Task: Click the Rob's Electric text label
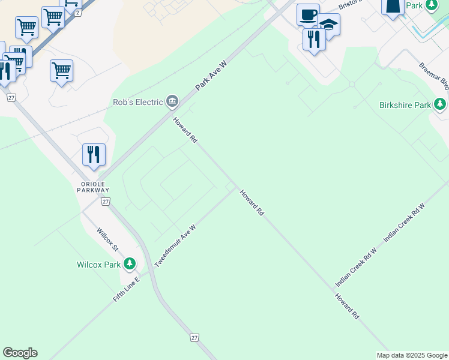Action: pyautogui.click(x=138, y=102)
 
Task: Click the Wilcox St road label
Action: pyautogui.click(x=109, y=238)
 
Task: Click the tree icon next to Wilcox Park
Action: pyautogui.click(x=129, y=264)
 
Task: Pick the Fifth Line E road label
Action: pyautogui.click(x=126, y=289)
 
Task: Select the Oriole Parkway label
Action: pyautogui.click(x=93, y=186)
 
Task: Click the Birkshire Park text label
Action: pyautogui.click(x=405, y=105)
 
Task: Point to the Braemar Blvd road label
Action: pyautogui.click(x=435, y=76)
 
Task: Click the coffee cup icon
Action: pyautogui.click(x=308, y=15)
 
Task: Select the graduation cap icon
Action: pyautogui.click(x=328, y=25)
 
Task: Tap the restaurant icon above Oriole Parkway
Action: pyautogui.click(x=94, y=154)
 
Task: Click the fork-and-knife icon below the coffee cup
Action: pyautogui.click(x=314, y=39)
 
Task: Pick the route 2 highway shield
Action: pyautogui.click(x=78, y=13)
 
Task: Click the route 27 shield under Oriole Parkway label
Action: pyautogui.click(x=106, y=202)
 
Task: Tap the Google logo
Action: pyautogui.click(x=20, y=353)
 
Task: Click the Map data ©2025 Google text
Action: pyautogui.click(x=412, y=355)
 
